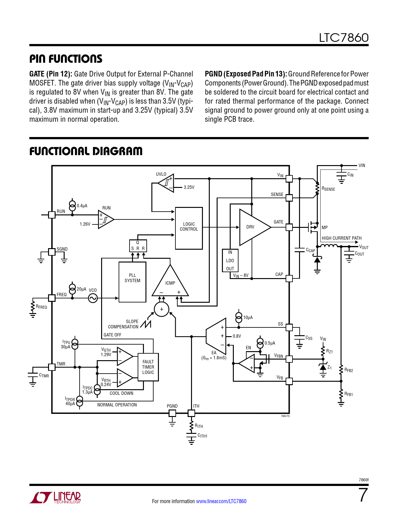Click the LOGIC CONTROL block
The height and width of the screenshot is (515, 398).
(x=189, y=228)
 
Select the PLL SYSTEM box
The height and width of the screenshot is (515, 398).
(x=132, y=282)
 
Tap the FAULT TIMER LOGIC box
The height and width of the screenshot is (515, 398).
(x=148, y=367)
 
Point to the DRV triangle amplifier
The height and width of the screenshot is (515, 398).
(x=252, y=227)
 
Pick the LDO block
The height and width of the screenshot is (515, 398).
(x=230, y=261)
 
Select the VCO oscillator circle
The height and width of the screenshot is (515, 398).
(x=93, y=298)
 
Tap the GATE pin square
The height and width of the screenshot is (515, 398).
(x=289, y=227)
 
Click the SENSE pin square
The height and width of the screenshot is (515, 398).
(x=289, y=198)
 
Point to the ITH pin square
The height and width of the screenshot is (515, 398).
(x=191, y=413)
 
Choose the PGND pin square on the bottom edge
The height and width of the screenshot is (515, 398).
(x=172, y=413)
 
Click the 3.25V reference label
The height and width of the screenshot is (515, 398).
(x=189, y=187)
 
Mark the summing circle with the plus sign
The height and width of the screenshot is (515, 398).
(x=162, y=309)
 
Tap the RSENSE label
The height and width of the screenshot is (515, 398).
(x=328, y=189)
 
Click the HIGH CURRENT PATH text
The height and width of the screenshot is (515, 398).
(x=341, y=238)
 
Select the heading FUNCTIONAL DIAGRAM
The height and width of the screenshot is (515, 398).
(x=86, y=151)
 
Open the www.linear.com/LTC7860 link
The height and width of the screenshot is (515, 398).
(x=221, y=501)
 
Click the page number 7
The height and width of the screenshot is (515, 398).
(x=363, y=495)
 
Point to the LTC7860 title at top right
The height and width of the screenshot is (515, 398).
(x=344, y=38)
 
